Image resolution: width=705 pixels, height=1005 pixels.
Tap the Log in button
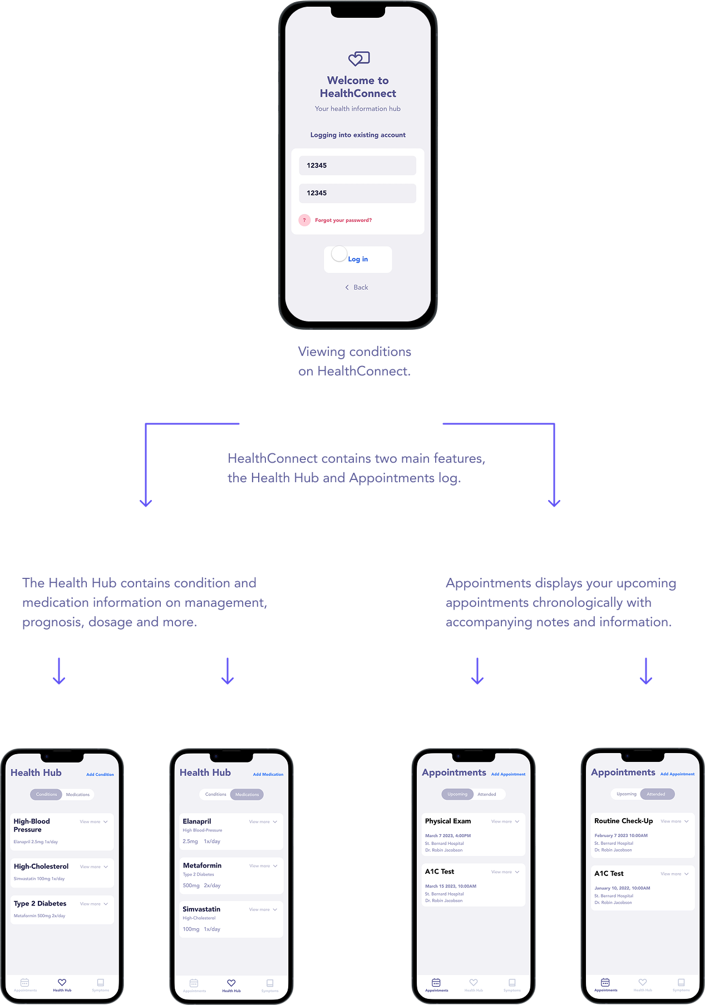click(x=358, y=259)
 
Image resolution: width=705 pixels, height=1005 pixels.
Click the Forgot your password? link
click(x=343, y=220)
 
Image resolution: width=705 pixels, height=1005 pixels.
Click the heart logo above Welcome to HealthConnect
click(x=359, y=58)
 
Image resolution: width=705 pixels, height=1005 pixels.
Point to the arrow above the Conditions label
click(x=60, y=671)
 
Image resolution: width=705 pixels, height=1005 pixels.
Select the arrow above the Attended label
click(x=645, y=671)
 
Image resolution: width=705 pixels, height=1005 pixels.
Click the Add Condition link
click(x=100, y=774)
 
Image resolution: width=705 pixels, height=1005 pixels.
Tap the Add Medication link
click(x=268, y=774)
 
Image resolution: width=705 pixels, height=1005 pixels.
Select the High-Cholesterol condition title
click(x=41, y=867)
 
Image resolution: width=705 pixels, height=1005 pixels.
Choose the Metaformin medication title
click(x=202, y=865)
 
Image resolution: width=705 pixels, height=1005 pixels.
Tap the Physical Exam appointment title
click(x=448, y=821)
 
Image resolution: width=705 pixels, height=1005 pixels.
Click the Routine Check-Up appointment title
click(x=623, y=821)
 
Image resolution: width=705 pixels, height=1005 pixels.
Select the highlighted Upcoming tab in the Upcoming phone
click(x=457, y=794)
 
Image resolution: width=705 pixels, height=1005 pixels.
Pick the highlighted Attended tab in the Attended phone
click(x=656, y=794)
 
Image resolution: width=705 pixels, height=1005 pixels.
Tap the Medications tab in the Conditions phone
click(x=78, y=794)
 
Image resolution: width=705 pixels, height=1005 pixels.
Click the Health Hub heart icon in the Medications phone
click(x=231, y=983)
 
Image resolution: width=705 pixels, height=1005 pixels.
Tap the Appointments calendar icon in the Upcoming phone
click(x=436, y=983)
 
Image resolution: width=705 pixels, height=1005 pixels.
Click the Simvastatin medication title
click(x=201, y=909)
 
